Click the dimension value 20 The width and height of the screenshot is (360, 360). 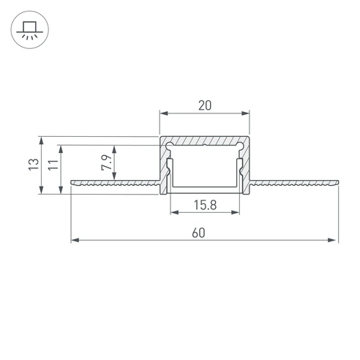click(205, 105)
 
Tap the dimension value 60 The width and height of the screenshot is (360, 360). click(198, 233)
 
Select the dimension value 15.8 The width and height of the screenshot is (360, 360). click(205, 205)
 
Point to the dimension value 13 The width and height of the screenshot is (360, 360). click(34, 165)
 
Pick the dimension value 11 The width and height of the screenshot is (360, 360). click(53, 165)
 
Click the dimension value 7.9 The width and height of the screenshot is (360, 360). click(107, 162)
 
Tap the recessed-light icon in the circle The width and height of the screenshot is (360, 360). click(30, 30)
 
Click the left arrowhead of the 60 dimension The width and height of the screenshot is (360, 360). click(75, 240)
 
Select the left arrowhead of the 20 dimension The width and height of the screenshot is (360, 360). click(164, 113)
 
